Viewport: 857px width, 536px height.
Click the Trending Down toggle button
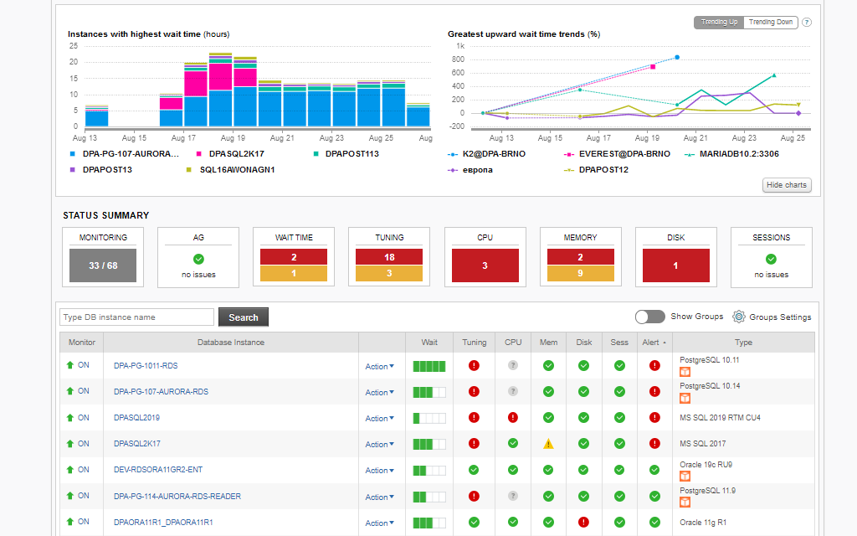click(771, 23)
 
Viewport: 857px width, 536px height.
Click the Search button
click(244, 317)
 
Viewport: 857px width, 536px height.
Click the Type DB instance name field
click(136, 317)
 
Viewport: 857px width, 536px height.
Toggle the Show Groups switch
click(650, 317)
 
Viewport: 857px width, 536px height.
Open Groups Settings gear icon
click(739, 317)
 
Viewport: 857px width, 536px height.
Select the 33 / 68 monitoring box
click(103, 265)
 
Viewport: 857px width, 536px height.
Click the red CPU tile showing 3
click(485, 265)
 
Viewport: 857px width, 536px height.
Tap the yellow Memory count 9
click(581, 273)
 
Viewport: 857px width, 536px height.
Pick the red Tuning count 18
click(389, 257)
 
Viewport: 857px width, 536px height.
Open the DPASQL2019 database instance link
click(136, 418)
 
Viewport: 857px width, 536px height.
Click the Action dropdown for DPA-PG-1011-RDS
click(379, 366)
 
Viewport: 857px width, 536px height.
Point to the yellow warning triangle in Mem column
click(548, 444)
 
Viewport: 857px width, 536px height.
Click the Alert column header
click(654, 342)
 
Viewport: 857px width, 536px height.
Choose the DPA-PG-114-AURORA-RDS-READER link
click(177, 497)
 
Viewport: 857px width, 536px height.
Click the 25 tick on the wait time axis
click(74, 46)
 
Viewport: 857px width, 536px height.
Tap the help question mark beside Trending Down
click(807, 23)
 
